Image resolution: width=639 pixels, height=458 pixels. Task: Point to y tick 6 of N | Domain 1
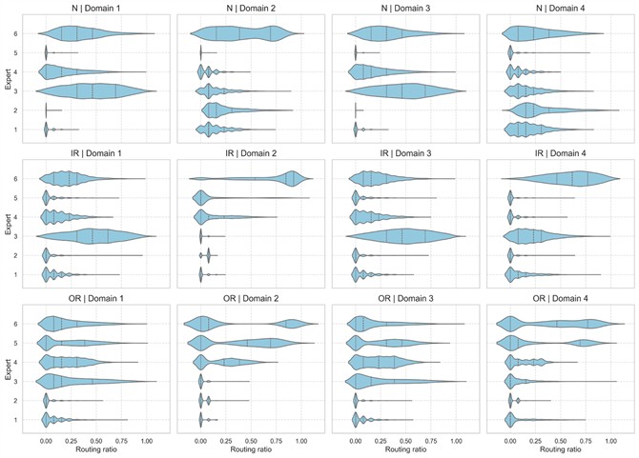pyautogui.click(x=30, y=34)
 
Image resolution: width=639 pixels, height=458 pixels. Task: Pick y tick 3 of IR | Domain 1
pyautogui.click(x=30, y=235)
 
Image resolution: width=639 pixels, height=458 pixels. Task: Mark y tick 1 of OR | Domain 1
pyautogui.click(x=30, y=419)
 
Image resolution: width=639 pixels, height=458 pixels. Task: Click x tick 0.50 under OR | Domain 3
pyautogui.click(x=405, y=441)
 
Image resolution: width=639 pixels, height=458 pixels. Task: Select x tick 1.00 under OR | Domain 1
pyautogui.click(x=147, y=441)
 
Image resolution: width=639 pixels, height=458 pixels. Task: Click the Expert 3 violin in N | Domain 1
pyautogui.click(x=95, y=90)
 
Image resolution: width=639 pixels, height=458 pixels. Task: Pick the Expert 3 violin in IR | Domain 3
pyautogui.click(x=405, y=235)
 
